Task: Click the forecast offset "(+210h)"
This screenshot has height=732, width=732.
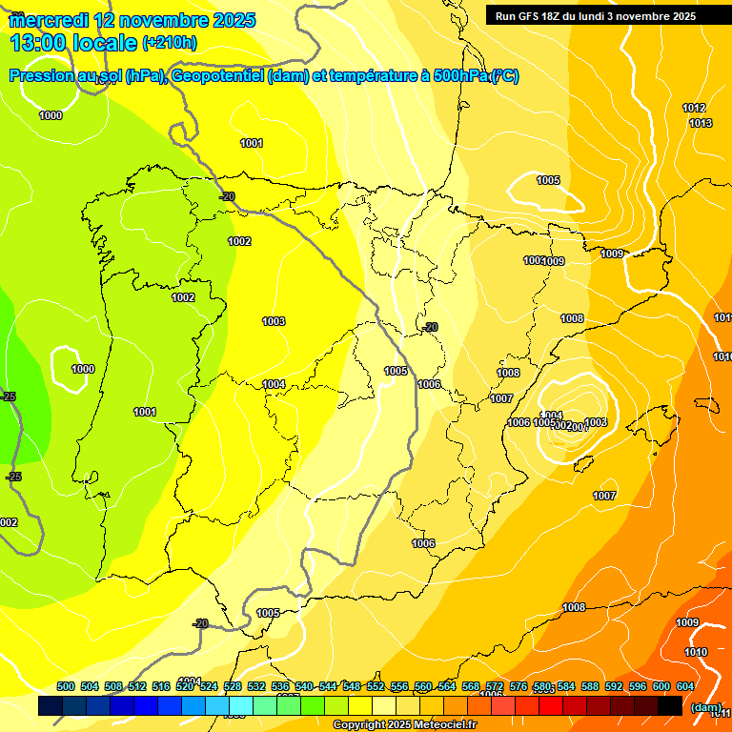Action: [170, 43]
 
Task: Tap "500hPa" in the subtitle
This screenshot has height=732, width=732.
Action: [460, 77]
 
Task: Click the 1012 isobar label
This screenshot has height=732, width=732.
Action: [694, 109]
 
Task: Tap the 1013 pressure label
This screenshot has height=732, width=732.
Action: [701, 124]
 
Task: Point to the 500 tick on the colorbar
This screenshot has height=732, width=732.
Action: [66, 687]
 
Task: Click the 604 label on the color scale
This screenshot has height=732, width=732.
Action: [684, 687]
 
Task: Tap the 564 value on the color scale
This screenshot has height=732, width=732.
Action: [447, 687]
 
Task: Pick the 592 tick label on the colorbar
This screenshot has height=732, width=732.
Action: [613, 687]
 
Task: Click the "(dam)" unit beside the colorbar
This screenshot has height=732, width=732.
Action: [706, 707]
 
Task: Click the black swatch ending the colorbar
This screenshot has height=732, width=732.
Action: [670, 706]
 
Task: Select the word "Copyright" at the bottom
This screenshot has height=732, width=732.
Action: [359, 725]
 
